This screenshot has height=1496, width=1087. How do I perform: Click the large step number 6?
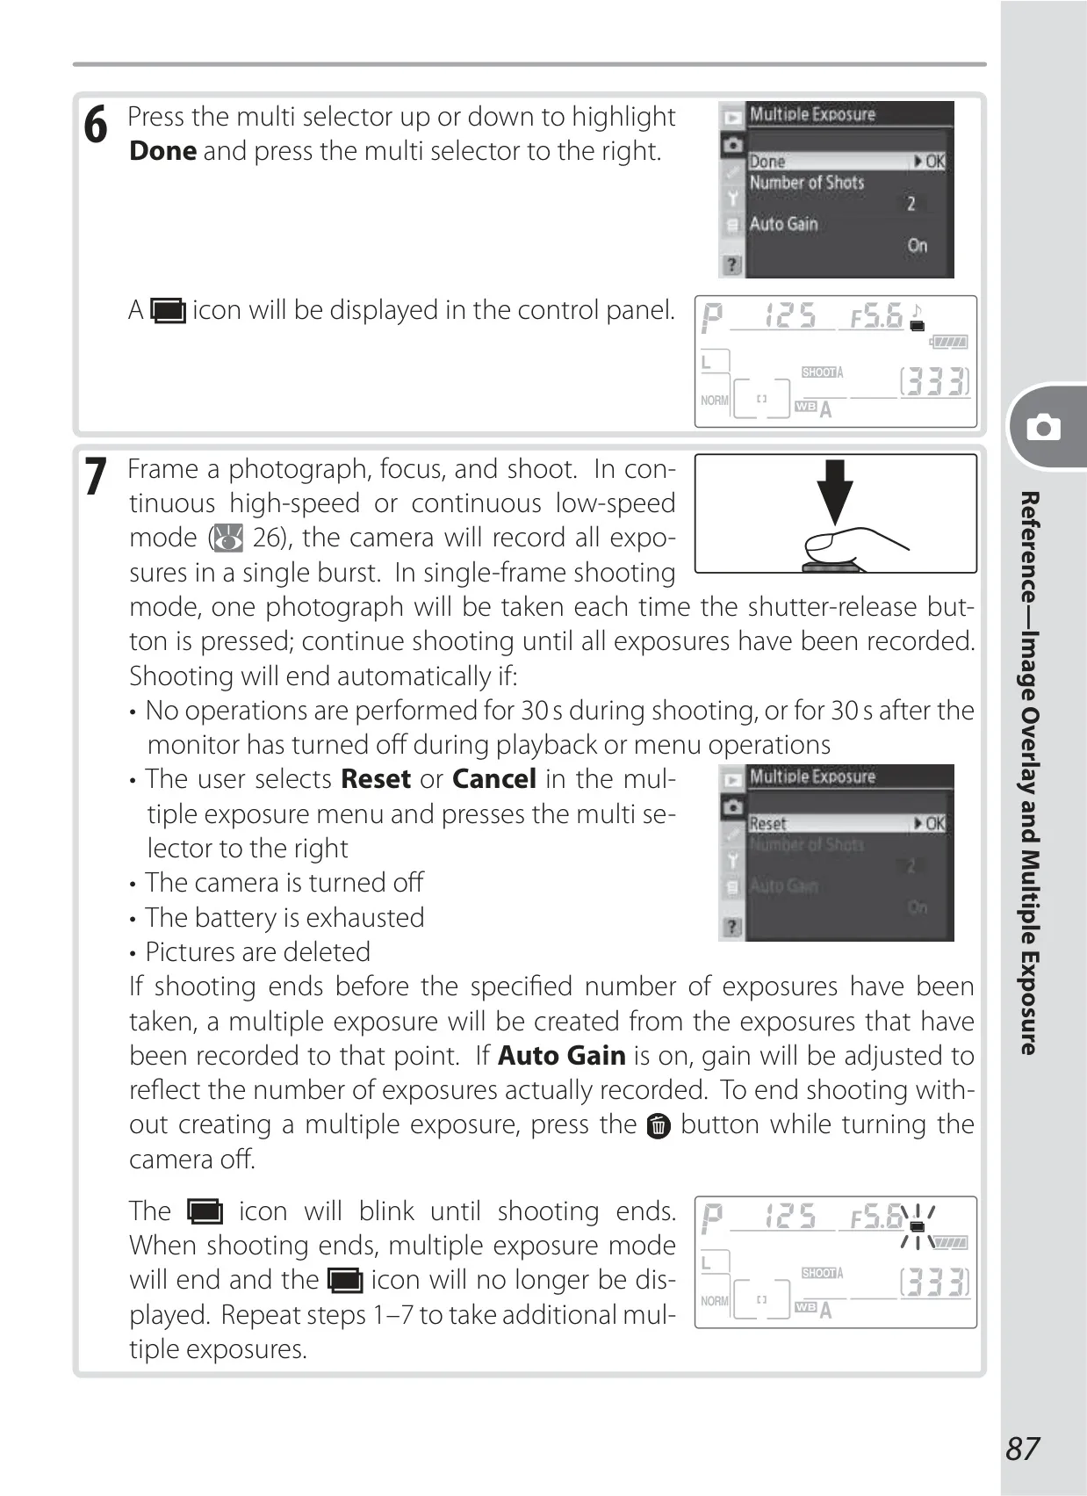click(96, 125)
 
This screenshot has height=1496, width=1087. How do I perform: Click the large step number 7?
click(96, 476)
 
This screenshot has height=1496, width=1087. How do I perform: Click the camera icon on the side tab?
click(1044, 427)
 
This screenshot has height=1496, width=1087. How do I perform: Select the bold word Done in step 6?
click(163, 151)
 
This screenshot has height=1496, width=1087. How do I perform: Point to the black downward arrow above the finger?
click(835, 491)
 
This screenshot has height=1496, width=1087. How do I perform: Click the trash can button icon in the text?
click(659, 1126)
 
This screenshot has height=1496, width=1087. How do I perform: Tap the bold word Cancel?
click(494, 778)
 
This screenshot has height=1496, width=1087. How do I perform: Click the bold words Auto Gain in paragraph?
click(562, 1055)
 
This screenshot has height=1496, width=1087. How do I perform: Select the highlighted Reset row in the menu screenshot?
click(846, 823)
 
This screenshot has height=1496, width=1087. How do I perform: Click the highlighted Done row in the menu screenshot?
click(846, 161)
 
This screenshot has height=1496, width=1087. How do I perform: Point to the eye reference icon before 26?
click(227, 538)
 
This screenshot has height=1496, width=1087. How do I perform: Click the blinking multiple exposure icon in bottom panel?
click(918, 1226)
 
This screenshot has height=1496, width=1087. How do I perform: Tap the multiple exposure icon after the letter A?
click(169, 311)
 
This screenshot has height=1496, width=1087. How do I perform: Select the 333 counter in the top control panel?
click(934, 381)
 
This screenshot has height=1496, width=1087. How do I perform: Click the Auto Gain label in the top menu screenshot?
click(783, 224)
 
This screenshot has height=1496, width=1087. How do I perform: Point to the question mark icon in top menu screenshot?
click(731, 264)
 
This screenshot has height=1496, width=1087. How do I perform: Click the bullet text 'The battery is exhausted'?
click(284, 918)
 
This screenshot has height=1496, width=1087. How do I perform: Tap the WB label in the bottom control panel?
click(806, 1307)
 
